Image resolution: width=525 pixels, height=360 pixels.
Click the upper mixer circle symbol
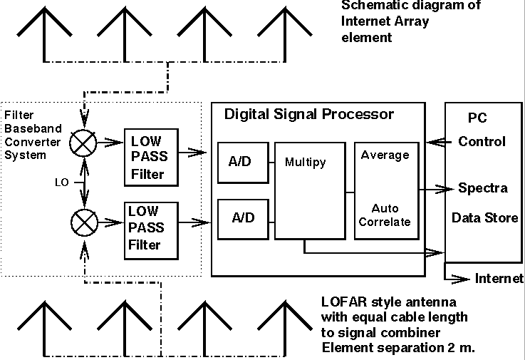point(85,143)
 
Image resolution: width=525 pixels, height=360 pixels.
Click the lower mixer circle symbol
point(85,223)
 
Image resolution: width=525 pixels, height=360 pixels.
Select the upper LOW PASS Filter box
point(150,158)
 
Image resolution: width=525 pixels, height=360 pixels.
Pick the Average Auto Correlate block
point(385,190)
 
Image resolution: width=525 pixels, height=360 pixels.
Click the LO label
point(62,182)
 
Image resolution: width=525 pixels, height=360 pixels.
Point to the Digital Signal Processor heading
point(309,114)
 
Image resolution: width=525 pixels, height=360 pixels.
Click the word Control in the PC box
point(482,141)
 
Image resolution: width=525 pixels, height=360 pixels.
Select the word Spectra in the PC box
point(482,188)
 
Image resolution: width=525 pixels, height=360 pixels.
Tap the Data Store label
point(485,217)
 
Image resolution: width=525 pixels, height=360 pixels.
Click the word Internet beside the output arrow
point(499,278)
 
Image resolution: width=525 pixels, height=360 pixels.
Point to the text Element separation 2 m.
point(398,348)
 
